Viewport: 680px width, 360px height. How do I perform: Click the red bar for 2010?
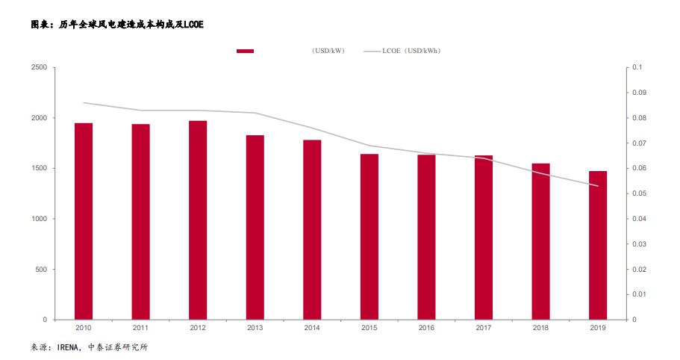click(84, 221)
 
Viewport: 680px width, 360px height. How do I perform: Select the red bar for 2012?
click(198, 220)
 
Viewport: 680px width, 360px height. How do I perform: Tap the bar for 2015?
click(369, 237)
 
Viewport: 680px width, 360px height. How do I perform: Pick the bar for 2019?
click(598, 245)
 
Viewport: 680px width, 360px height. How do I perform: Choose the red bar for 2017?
click(484, 238)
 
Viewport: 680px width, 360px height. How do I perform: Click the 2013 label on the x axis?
click(255, 327)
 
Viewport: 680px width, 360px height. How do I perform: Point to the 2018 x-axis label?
click(540, 327)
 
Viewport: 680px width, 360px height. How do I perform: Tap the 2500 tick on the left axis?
click(39, 68)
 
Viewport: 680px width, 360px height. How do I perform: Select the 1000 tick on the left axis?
click(39, 219)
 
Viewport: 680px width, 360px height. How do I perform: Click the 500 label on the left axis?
click(41, 270)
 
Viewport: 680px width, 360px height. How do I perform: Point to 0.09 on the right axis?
click(637, 93)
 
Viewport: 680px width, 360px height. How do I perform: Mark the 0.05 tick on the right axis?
click(637, 193)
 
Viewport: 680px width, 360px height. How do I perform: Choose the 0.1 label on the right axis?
click(635, 68)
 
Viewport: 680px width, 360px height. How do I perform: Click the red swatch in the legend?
click(245, 51)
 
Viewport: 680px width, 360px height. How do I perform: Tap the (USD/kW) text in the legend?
click(328, 51)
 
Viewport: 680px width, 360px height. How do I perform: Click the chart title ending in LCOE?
click(116, 25)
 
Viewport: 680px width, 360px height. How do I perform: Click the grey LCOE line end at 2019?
click(598, 186)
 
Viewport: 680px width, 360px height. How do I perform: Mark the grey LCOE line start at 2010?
click(84, 102)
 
